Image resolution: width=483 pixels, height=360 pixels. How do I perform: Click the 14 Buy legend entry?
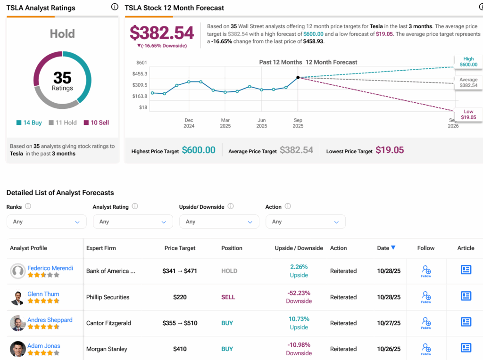29,123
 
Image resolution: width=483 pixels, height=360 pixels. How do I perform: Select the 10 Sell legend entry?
96,123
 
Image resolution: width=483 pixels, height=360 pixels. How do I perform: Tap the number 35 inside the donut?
62,77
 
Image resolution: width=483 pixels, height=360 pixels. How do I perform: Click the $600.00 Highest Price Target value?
199,150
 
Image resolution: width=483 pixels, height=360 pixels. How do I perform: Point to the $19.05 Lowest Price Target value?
390,150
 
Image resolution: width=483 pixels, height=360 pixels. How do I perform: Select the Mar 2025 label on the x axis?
225,123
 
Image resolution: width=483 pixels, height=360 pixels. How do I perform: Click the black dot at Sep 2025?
298,77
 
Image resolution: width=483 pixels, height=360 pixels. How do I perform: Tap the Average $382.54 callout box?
468,82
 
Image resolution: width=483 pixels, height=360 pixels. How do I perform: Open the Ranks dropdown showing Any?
47,221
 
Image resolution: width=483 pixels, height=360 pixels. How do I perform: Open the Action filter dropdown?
305,221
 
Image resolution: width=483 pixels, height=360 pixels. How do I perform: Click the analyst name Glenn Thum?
43,294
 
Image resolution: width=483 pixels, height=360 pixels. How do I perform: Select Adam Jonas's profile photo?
18,349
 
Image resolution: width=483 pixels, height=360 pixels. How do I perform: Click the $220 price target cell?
180,297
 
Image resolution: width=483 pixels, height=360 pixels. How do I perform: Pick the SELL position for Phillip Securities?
228,297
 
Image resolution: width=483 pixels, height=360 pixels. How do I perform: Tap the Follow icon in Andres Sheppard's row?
426,323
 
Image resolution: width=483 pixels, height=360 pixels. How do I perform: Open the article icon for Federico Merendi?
466,270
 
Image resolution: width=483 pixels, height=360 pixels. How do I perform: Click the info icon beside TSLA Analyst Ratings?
115,7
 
